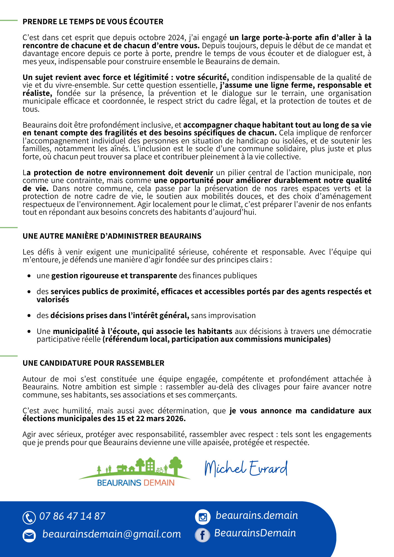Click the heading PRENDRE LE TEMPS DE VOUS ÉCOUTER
click(x=93, y=22)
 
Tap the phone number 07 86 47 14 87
click(x=72, y=516)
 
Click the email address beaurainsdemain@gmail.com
click(x=111, y=534)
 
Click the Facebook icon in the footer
click(x=203, y=535)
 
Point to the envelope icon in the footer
click(x=29, y=536)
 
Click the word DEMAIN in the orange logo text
click(x=159, y=483)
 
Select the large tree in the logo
click(x=176, y=465)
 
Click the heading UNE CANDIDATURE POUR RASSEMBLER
click(x=93, y=363)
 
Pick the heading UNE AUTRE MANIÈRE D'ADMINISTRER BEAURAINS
click(x=112, y=236)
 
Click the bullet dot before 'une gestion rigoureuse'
click(x=29, y=276)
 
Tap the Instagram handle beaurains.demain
click(x=257, y=515)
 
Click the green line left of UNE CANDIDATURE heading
click(x=9, y=356)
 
